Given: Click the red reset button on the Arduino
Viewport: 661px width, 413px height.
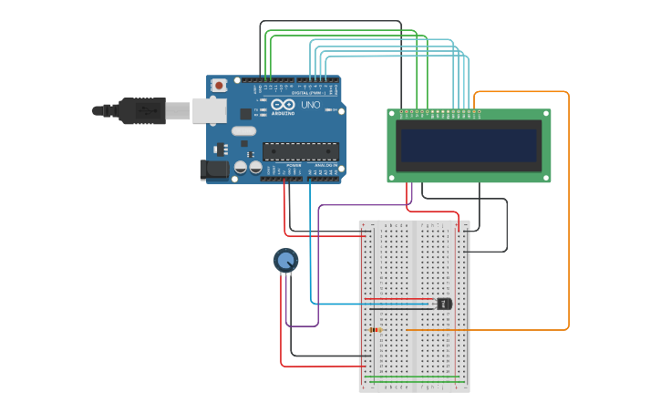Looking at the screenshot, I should click(219, 86).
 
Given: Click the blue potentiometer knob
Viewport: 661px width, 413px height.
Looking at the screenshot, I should click(285, 262).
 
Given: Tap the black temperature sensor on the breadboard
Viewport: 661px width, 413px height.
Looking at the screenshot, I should click(444, 304).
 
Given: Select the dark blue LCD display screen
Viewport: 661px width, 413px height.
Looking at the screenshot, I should click(469, 146).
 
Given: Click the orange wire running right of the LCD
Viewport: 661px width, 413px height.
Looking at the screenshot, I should click(568, 210).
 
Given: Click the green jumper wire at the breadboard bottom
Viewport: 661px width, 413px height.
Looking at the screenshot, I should click(415, 377).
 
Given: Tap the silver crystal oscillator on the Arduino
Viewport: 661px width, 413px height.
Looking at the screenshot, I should click(243, 131).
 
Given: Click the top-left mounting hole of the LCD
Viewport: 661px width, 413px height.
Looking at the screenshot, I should click(392, 114).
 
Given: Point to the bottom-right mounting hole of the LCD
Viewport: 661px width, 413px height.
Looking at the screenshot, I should click(545, 177).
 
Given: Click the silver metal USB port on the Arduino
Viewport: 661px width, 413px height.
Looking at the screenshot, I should click(210, 110).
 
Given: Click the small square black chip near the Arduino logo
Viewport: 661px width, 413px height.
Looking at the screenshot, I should click(245, 114).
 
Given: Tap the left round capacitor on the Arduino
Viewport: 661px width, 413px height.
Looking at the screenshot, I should click(241, 167).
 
